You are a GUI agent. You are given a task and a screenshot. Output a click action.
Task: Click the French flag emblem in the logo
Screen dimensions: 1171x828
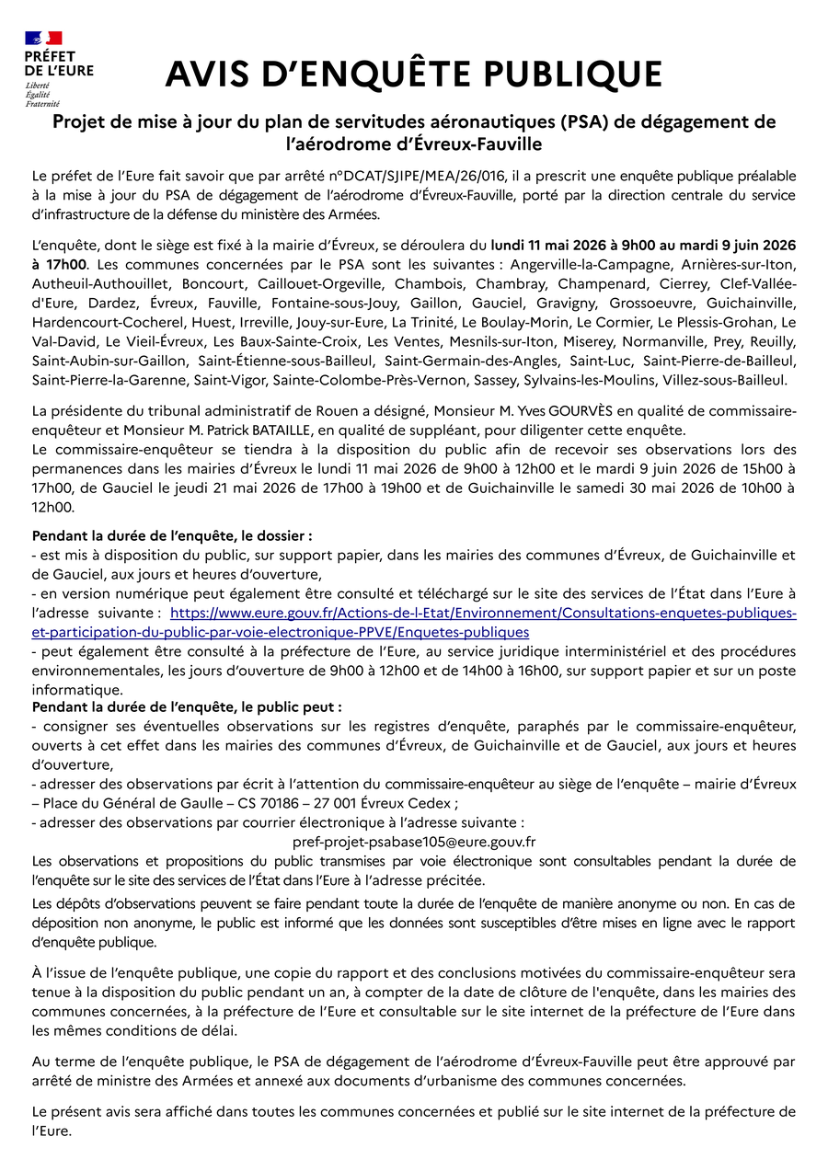tap(43, 38)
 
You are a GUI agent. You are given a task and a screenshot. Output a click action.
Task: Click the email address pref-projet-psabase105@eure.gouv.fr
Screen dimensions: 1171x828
tap(414, 842)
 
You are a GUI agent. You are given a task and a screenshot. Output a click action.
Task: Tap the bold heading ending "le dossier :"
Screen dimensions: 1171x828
tap(172, 535)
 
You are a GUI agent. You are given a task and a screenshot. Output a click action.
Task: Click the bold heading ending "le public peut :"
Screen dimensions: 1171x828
tap(187, 707)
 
